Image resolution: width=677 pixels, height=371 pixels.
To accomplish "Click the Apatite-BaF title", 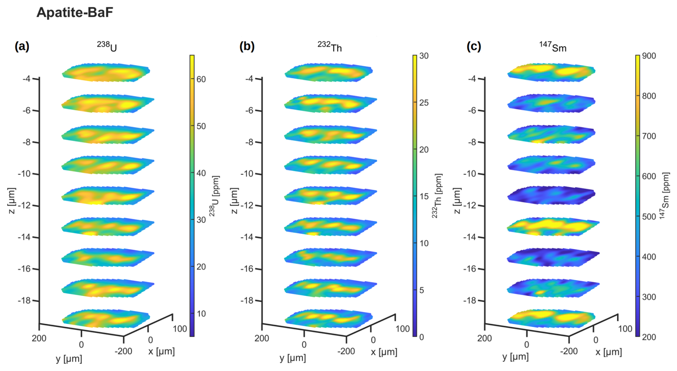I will tap(75, 13).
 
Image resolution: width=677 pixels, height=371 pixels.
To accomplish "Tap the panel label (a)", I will tap(22, 46).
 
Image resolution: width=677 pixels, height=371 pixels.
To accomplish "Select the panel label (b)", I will tap(247, 46).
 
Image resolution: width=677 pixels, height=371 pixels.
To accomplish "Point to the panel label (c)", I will tap(474, 46).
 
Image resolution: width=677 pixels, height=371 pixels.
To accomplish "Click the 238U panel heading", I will tap(107, 46).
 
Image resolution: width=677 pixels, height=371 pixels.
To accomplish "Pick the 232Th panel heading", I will tap(330, 46).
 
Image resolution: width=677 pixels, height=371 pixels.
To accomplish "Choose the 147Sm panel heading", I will tap(553, 46).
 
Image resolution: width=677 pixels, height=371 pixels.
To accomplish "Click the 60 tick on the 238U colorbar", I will tap(201, 79).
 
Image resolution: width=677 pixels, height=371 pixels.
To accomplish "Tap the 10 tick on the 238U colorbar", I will tap(201, 313).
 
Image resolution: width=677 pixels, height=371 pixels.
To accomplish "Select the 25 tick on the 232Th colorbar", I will tap(424, 103).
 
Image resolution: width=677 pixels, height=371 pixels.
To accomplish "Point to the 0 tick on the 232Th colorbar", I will tap(422, 337).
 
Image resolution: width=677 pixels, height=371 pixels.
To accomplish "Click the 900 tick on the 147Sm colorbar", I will tap(649, 56).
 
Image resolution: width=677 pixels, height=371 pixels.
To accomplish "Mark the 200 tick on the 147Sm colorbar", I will tap(649, 337).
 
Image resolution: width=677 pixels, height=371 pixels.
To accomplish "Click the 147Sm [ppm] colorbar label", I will tap(665, 196).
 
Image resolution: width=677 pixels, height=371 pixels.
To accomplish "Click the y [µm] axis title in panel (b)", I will tap(293, 358).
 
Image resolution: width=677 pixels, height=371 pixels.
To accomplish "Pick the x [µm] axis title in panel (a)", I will tap(161, 351).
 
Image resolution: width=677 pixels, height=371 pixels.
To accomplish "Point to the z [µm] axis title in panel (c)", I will tap(457, 201).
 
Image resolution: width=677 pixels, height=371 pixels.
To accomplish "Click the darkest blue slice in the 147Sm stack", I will tap(551, 195).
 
